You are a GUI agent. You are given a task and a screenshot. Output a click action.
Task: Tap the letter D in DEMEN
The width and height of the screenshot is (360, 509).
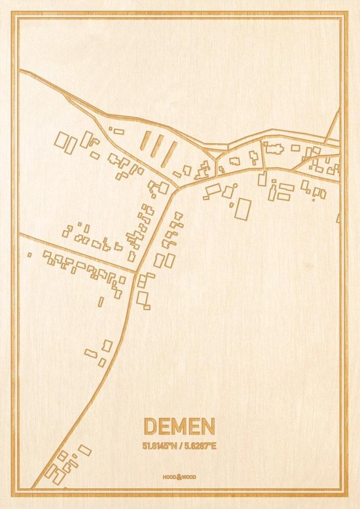click(x=148, y=427)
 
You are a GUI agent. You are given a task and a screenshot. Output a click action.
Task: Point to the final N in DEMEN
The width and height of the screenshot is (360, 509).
click(x=207, y=427)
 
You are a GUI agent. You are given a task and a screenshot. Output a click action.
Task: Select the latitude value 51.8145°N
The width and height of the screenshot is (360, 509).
click(x=159, y=445)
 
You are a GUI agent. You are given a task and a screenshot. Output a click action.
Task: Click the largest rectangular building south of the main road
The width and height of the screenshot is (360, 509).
click(x=243, y=209)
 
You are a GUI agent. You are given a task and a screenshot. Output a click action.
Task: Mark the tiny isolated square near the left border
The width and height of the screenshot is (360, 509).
click(x=29, y=254)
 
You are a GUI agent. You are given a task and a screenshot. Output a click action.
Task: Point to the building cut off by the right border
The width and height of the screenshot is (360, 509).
click(x=338, y=218)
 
